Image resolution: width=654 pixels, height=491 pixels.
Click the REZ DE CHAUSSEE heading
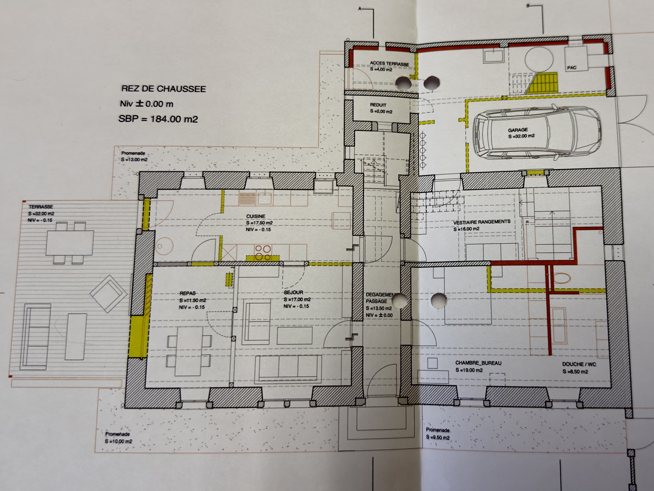[163, 89]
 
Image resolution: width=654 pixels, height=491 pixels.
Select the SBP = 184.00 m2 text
[158, 119]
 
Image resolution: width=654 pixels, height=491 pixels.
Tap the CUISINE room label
[256, 216]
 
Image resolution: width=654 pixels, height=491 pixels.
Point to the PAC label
[571, 68]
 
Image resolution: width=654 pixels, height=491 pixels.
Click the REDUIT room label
[378, 105]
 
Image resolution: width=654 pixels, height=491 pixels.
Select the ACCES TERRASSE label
[389, 63]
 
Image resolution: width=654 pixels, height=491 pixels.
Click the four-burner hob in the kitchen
[263, 253]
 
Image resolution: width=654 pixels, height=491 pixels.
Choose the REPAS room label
[188, 293]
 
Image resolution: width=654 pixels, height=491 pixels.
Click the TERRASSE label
[41, 207]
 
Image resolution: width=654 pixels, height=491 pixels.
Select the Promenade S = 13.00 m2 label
[134, 156]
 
